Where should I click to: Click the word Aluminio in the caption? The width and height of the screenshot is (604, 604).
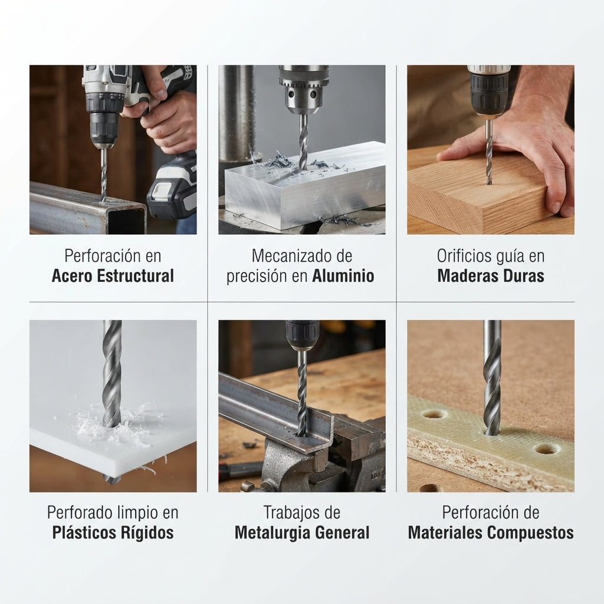[343, 276]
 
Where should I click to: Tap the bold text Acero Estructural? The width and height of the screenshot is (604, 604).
[113, 276]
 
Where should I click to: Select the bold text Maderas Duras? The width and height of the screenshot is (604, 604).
[491, 276]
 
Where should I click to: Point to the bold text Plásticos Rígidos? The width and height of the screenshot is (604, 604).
[113, 533]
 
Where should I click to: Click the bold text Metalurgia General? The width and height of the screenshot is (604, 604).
[302, 533]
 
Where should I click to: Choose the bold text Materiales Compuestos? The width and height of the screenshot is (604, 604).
[491, 533]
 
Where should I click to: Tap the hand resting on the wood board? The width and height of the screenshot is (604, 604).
[524, 154]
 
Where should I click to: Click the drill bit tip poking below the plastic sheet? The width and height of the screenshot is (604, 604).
[111, 479]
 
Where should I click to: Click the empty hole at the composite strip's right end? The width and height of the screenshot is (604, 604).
[547, 449]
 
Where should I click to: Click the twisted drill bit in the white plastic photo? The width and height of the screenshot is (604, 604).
[112, 373]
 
